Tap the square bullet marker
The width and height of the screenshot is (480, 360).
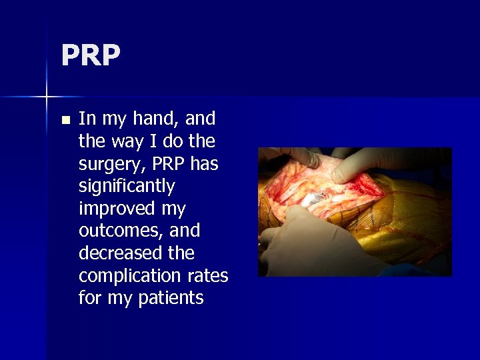pyautogui.click(x=65, y=121)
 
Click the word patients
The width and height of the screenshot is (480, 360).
pyautogui.click(x=171, y=298)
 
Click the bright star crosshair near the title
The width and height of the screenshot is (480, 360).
pyautogui.click(x=47, y=97)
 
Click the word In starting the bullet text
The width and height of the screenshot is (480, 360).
pyautogui.click(x=87, y=119)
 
